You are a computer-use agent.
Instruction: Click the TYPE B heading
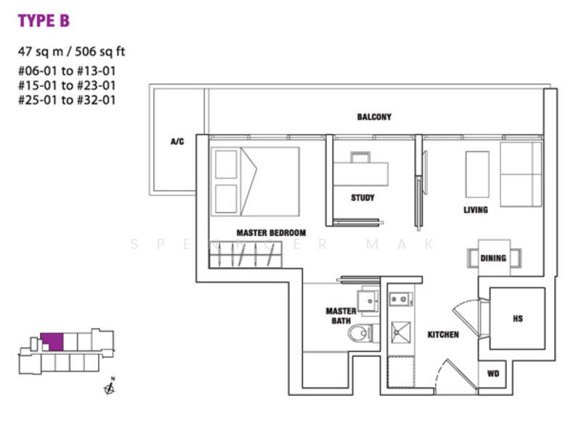coord(44,21)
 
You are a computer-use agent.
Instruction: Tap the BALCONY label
coord(374,117)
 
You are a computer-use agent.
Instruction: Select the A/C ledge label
coord(177,141)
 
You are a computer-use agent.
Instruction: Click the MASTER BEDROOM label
coord(271,233)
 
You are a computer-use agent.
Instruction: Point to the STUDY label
coord(362,197)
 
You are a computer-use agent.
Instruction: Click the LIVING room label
coord(476,210)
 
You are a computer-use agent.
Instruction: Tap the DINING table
coord(494,258)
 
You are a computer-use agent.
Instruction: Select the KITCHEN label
coord(443,335)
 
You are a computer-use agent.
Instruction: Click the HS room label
coord(518,318)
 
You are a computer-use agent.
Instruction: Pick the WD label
coord(493,373)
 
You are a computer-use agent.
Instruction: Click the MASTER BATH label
coord(341,316)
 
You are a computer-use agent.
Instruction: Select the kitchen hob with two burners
coord(401,298)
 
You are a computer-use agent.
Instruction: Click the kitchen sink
coord(401,332)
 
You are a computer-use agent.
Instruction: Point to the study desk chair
coord(360,157)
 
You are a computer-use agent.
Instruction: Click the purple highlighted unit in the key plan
coord(52,342)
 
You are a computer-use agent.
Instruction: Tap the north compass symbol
coord(110,386)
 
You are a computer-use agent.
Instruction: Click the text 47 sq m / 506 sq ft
coord(71,51)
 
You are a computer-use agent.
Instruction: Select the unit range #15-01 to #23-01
coord(67,85)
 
